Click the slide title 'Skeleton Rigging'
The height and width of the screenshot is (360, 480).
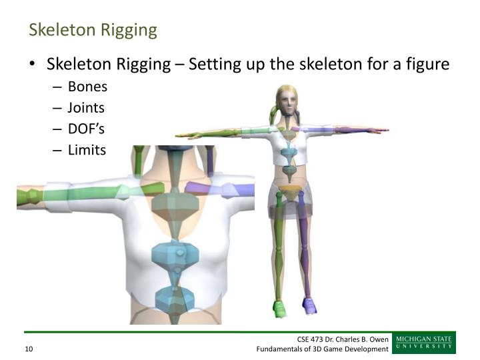(x=93, y=30)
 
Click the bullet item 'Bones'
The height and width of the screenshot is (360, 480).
(x=87, y=87)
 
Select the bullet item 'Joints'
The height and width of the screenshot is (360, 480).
(x=86, y=107)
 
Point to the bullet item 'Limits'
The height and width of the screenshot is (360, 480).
(x=87, y=150)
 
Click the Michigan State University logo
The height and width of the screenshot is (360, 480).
(x=423, y=343)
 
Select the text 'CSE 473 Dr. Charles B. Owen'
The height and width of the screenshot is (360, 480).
(x=343, y=339)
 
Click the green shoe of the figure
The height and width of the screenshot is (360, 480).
(x=280, y=308)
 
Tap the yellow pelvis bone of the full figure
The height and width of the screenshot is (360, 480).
(x=289, y=192)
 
